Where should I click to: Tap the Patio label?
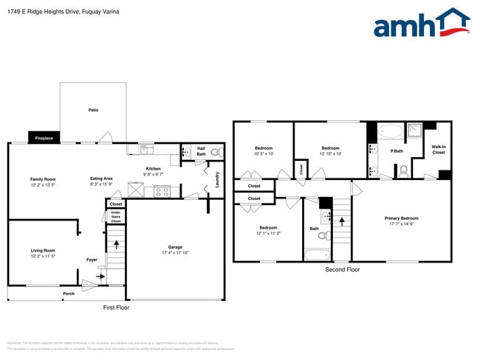tap(93, 110)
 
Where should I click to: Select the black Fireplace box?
tap(43, 138)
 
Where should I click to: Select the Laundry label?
tap(217, 179)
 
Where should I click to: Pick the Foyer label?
tap(92, 260)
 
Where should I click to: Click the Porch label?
tap(68, 293)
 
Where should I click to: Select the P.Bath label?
tap(397, 151)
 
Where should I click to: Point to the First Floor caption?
tap(116, 307)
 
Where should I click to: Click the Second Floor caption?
tap(343, 270)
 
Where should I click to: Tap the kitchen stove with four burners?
tap(161, 191)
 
